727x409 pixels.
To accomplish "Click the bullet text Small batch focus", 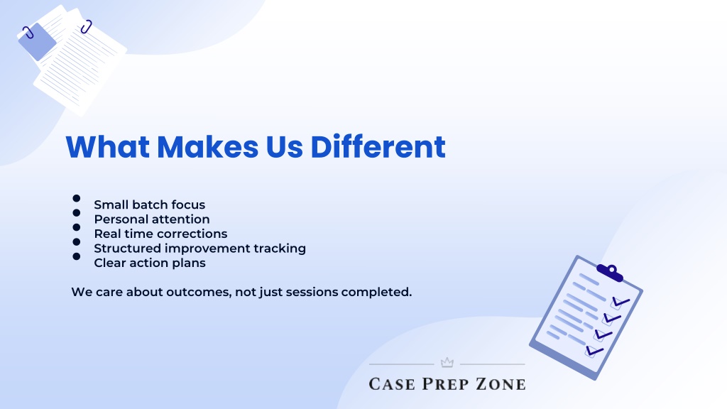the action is tap(149, 204).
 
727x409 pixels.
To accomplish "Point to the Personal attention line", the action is tap(152, 219).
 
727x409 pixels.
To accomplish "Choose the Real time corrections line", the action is tap(160, 233).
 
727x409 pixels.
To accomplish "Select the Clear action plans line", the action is tap(150, 263).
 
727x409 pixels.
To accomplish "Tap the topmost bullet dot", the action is tap(77, 198).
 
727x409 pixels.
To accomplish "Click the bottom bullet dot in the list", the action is tap(77, 256).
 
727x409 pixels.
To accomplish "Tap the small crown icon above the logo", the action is tap(447, 362).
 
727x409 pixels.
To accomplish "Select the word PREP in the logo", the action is tap(445, 384).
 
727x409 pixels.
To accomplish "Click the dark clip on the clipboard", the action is tap(610, 272).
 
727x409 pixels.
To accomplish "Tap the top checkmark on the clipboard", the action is tap(621, 302).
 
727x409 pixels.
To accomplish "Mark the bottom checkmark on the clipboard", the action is tap(594, 351).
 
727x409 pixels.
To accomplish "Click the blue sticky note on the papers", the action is tap(37, 42).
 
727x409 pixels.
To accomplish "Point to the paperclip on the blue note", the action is tap(28, 33).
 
